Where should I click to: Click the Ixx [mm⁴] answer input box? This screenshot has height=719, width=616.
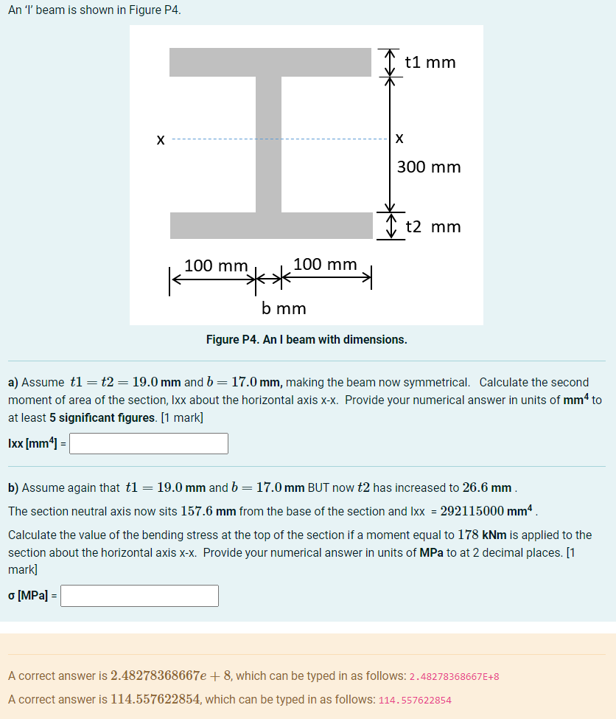click(x=148, y=444)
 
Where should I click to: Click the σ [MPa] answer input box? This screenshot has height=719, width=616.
click(x=139, y=596)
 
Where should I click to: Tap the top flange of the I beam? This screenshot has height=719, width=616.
click(x=270, y=63)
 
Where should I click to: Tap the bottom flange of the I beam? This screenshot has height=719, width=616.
click(x=270, y=226)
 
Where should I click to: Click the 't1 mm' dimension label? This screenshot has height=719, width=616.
click(x=430, y=63)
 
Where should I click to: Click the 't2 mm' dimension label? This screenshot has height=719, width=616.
click(x=433, y=226)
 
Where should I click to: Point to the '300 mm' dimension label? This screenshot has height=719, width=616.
click(x=429, y=167)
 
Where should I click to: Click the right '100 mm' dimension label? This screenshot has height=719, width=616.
click(x=325, y=264)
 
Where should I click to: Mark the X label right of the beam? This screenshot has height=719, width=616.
click(x=399, y=139)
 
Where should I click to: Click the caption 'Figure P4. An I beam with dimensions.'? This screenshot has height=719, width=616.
click(x=307, y=340)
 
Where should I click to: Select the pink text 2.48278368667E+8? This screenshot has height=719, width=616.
click(x=454, y=677)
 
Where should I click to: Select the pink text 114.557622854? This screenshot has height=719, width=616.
click(x=414, y=701)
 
